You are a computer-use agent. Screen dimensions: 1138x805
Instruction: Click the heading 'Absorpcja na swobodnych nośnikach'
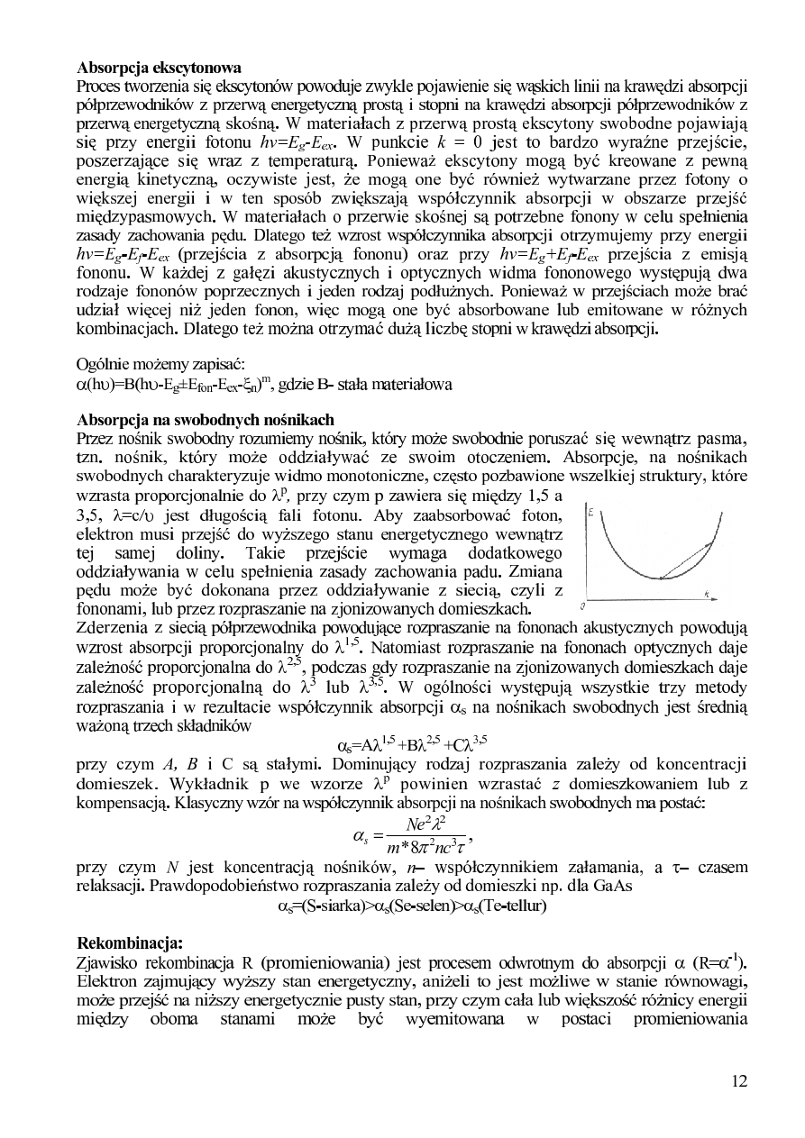[x=206, y=419]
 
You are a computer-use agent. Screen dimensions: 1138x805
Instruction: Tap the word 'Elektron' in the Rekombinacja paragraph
[x=108, y=981]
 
